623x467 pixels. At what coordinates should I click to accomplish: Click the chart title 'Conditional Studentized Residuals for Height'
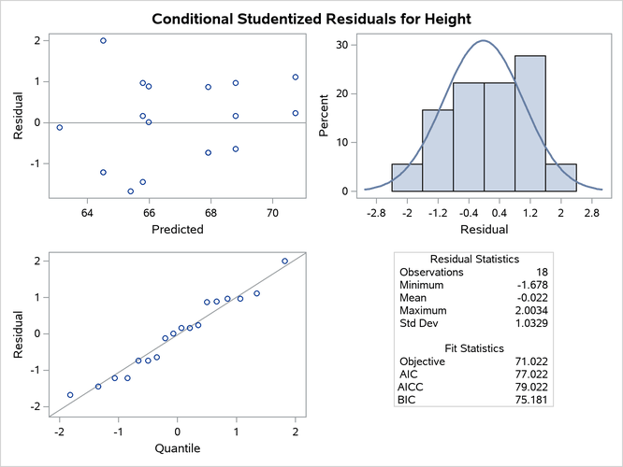pos(311,18)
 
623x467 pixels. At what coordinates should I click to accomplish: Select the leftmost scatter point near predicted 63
pos(60,128)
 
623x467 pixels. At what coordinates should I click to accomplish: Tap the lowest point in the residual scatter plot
pos(131,191)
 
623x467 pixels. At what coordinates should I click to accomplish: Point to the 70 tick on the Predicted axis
pos(272,212)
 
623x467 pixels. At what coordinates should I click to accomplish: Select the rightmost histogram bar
pos(560,177)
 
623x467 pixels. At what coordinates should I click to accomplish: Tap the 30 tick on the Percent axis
pos(343,45)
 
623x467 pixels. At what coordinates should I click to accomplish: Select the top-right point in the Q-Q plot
pos(285,262)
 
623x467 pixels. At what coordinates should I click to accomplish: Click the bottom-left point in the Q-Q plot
pos(70,395)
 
